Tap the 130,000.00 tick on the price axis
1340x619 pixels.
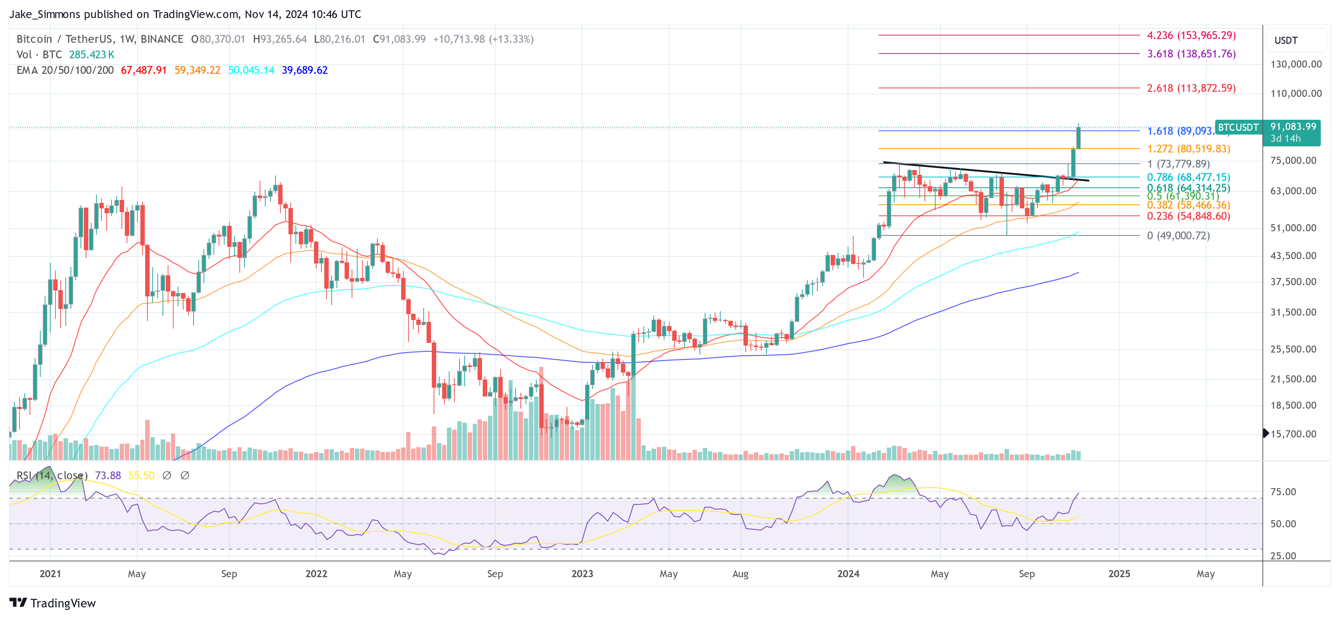[x=1295, y=64]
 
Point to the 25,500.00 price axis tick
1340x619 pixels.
[x=1293, y=349]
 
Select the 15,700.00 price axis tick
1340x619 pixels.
[x=1293, y=433]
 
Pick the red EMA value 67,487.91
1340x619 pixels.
[x=144, y=70]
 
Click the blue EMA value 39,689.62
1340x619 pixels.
[x=304, y=70]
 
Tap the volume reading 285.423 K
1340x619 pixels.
[x=92, y=55]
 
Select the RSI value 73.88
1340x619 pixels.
[x=108, y=475]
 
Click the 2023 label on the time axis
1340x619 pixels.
[x=582, y=574]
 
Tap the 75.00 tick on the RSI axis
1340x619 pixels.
[x=1283, y=492]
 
